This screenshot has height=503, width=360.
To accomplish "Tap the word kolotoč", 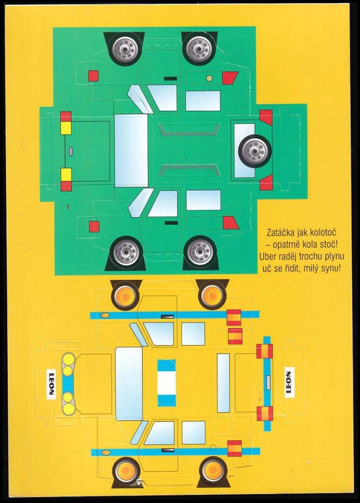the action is point(322,232).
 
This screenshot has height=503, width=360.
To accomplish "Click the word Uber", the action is point(267,257).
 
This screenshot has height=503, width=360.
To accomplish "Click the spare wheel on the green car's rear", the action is point(255,151).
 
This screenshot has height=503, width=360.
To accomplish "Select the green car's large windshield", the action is point(131,150).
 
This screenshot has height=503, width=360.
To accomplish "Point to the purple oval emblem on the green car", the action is point(71,151).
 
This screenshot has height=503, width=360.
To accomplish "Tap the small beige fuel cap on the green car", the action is point(209,78).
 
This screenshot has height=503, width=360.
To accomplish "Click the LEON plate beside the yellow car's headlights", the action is point(52,384).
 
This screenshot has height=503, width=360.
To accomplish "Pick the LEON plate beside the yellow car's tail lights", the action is point(290,382).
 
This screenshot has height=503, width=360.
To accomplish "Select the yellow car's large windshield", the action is point(129,384).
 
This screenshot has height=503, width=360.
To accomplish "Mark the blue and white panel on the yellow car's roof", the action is point(166,383).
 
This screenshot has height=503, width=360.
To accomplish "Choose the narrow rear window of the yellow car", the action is point(223,383).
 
